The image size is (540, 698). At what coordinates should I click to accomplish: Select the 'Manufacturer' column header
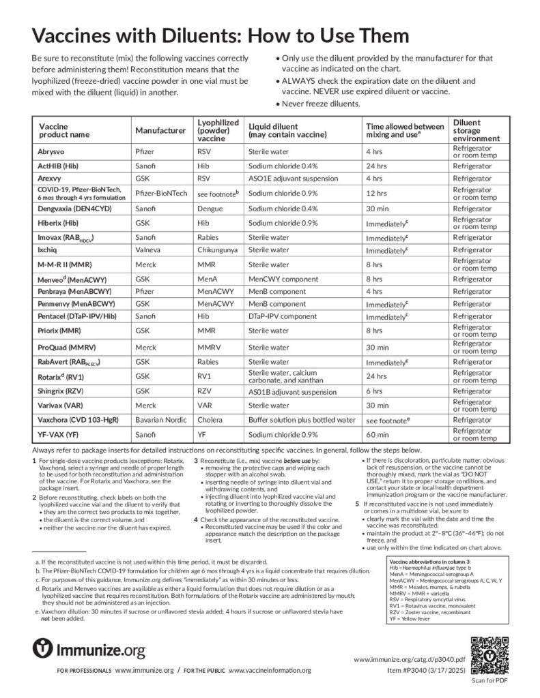[x=160, y=130]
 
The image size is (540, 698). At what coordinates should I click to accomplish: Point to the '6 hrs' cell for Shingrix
[x=375, y=391]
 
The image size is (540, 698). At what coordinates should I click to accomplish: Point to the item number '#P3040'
[x=418, y=671]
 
